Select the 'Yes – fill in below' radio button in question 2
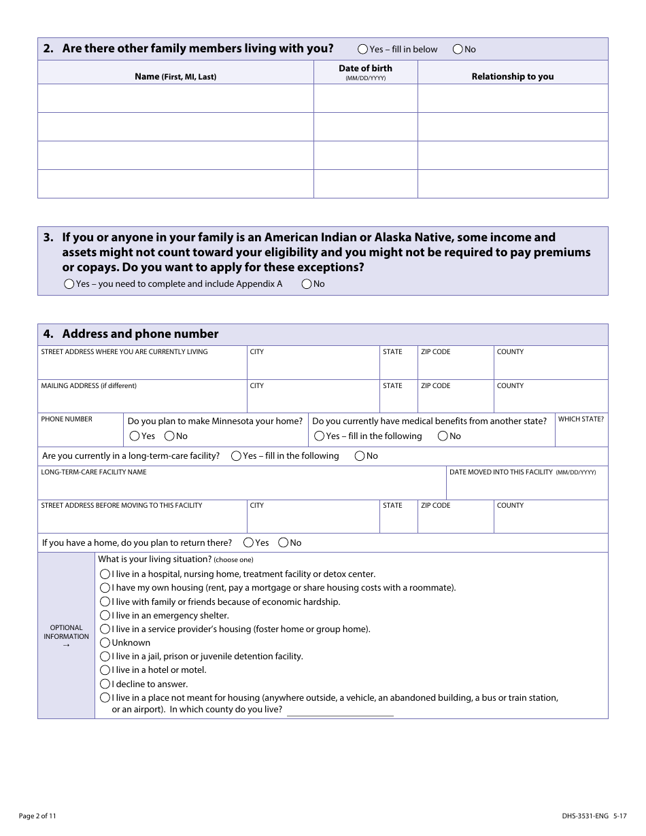coord(363,49)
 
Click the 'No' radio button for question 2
coord(458,49)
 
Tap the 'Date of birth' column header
coord(365,69)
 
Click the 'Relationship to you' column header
coord(513,77)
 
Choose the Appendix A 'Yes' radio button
coord(69,284)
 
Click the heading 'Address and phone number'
coord(140,334)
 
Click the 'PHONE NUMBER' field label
coord(67,419)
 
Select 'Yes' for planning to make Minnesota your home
coord(135,436)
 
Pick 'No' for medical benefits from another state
coord(443,436)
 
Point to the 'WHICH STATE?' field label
coord(581,419)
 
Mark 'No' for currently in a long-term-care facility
coord(360,456)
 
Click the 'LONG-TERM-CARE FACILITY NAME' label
coord(94,472)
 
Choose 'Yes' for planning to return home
coord(249,543)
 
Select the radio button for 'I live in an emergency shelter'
coord(105,616)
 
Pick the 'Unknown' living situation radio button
coord(105,643)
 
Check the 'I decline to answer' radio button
coord(105,684)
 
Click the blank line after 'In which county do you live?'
coord(340,710)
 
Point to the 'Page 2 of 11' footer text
coord(37,816)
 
